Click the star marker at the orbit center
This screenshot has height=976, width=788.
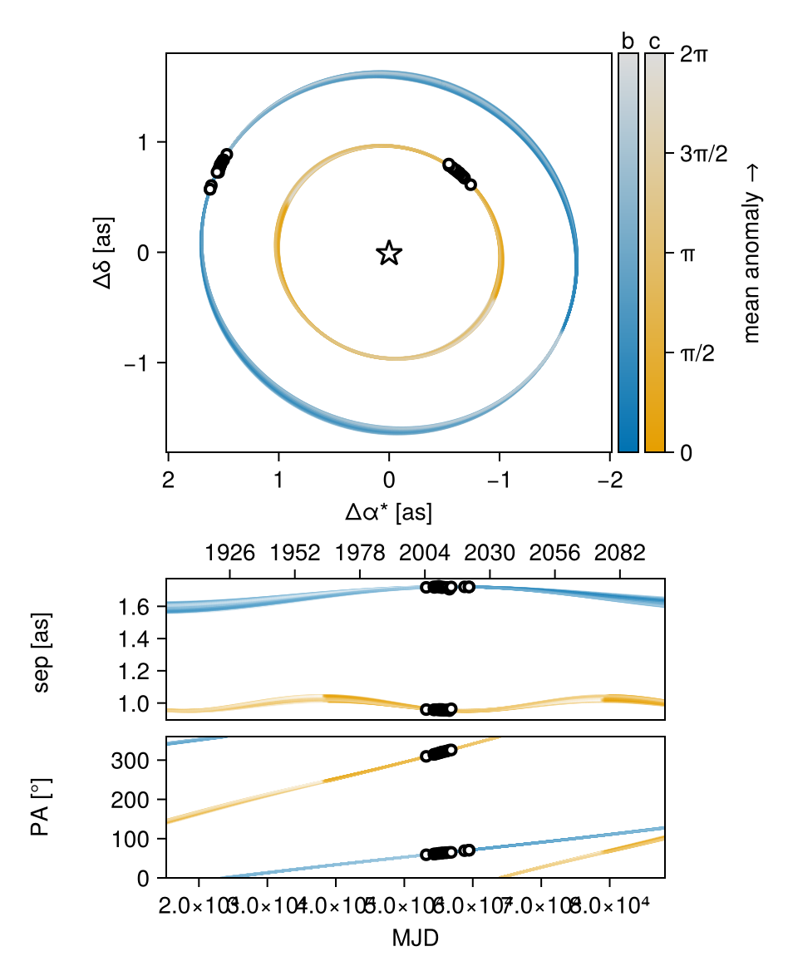pyautogui.click(x=389, y=253)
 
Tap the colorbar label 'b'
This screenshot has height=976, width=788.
pyautogui.click(x=628, y=42)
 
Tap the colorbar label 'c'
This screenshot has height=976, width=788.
pyautogui.click(x=655, y=42)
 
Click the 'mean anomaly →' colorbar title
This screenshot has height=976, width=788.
pyautogui.click(x=752, y=253)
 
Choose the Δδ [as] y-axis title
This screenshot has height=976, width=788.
pyautogui.click(x=104, y=253)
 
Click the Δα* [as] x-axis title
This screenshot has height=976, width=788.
pyautogui.click(x=389, y=513)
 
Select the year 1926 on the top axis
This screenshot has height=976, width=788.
pyautogui.click(x=229, y=554)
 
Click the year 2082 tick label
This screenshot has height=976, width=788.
pyautogui.click(x=620, y=554)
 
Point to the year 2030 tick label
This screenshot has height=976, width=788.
pyautogui.click(x=490, y=554)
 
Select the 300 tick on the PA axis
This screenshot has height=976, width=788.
pyautogui.click(x=140, y=760)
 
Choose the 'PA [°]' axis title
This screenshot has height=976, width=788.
pyautogui.click(x=41, y=807)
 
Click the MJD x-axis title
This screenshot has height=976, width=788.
pyautogui.click(x=415, y=939)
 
